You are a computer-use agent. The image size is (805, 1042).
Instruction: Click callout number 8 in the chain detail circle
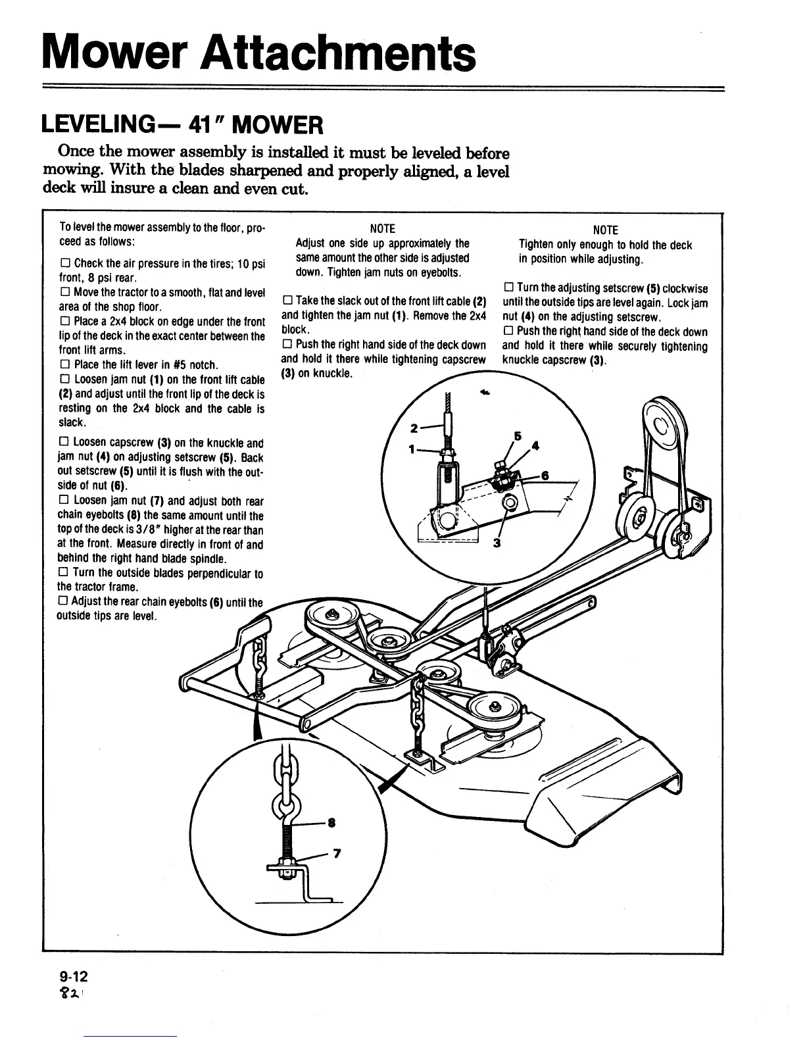coord(331,822)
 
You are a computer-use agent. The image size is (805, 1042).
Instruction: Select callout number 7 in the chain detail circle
coord(337,854)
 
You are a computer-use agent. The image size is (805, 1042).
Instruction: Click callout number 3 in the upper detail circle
coord(497,543)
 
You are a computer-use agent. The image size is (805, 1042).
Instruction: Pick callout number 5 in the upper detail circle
coord(518,435)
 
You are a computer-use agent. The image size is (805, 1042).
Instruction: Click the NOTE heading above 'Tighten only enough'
coord(605,230)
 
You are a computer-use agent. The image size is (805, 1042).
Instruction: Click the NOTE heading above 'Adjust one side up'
coord(382,229)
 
